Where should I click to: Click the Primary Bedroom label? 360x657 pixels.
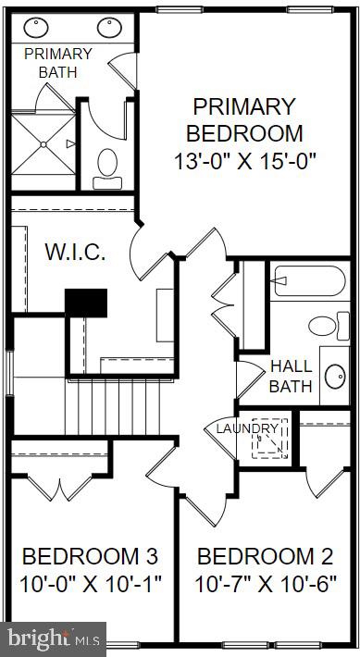(x=245, y=119)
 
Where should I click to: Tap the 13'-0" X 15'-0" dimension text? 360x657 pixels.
(x=245, y=160)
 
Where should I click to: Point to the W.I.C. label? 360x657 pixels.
(x=75, y=251)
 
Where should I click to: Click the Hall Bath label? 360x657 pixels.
(x=291, y=376)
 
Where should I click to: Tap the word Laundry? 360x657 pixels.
(x=247, y=428)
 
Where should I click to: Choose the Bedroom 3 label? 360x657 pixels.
(x=90, y=557)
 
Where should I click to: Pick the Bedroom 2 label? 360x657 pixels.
(x=266, y=557)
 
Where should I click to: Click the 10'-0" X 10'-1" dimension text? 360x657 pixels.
(x=90, y=585)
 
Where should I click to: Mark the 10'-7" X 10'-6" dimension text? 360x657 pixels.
(x=266, y=585)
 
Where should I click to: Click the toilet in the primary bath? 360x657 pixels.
(x=107, y=165)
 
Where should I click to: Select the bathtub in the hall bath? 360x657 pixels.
(x=309, y=280)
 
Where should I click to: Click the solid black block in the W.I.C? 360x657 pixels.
(x=86, y=303)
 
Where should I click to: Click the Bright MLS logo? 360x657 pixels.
(x=53, y=638)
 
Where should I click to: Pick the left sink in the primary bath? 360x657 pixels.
(x=39, y=28)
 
